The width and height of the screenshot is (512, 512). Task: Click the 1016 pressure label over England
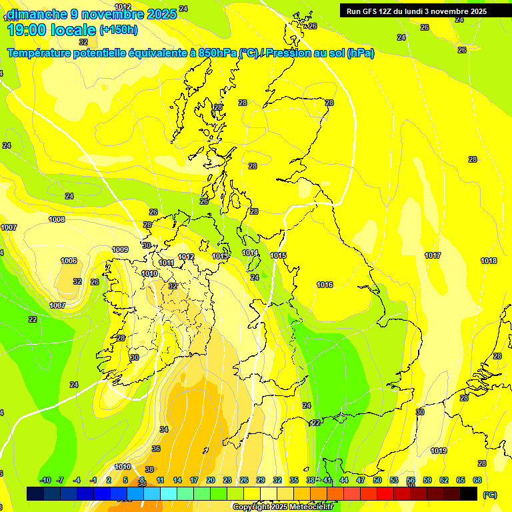pos(325,285)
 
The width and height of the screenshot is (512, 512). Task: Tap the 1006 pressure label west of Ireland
pos(69,261)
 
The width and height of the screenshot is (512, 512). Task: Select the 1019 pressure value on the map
pos(439,451)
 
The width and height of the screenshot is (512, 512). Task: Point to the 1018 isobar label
pos(489,261)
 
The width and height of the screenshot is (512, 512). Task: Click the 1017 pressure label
pos(433,256)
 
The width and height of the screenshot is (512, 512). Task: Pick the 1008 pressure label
pos(57,219)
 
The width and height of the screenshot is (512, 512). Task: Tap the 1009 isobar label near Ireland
pos(120,249)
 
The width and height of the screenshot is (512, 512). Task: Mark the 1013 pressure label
pos(221,256)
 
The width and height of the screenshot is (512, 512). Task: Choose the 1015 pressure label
pos(279,256)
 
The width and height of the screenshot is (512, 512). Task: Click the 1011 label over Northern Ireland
pos(167,263)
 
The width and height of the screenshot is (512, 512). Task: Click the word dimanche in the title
pos(37,14)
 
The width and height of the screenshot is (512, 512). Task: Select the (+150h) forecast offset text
pos(119,30)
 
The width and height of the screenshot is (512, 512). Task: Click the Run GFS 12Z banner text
pos(417,11)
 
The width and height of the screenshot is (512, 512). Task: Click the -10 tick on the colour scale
pos(45,480)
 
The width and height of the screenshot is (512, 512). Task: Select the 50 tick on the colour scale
pos(377,480)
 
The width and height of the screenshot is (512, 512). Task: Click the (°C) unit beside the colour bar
pos(490,495)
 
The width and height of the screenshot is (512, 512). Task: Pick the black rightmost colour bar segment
pos(469,494)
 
